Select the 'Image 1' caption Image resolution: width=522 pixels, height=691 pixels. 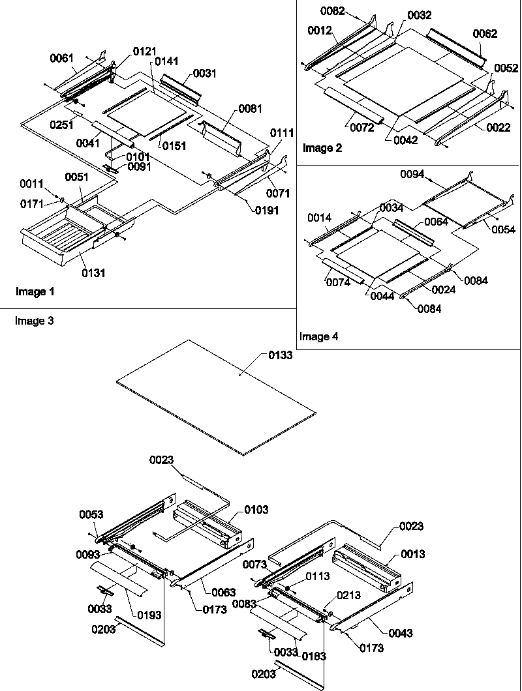(x=34, y=292)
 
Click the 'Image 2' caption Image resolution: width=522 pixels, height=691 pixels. (x=322, y=148)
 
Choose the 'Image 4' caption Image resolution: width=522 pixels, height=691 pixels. (x=319, y=336)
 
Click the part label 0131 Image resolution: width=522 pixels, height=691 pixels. (x=95, y=273)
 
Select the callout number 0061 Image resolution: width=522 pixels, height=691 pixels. (x=63, y=59)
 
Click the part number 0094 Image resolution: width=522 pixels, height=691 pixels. (x=412, y=174)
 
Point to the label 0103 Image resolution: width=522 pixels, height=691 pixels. (x=256, y=509)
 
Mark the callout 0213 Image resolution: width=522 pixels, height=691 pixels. (x=348, y=594)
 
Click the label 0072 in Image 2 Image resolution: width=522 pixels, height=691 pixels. (x=361, y=128)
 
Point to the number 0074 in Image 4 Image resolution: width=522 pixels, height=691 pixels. (x=338, y=282)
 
